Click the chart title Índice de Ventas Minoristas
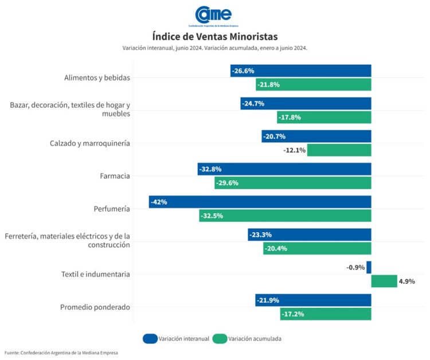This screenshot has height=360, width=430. pos(214,37)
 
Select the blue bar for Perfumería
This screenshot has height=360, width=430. pos(260,202)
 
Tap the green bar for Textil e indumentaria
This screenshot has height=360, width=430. pos(384,281)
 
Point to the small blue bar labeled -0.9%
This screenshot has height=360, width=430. pos(369,267)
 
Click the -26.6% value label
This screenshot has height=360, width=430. pos(243,71)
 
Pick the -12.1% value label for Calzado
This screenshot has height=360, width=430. pos(295,150)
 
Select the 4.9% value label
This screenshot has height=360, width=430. pos(407,281)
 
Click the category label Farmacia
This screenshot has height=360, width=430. pos(115,176)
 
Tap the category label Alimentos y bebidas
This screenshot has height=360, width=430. pos(97,77)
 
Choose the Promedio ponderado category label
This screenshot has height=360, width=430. pos(95,307)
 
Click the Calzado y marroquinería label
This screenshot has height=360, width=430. pos(89,143)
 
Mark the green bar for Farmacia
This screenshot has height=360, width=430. pos(293,183)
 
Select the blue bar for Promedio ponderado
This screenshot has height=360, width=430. pos(313,300)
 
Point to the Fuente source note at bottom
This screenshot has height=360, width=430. pos(61,353)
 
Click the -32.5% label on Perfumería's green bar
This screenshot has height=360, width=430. pos(212,216)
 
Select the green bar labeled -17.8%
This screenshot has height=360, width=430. pos(324,117)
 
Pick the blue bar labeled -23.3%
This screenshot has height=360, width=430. pos(310,234)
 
